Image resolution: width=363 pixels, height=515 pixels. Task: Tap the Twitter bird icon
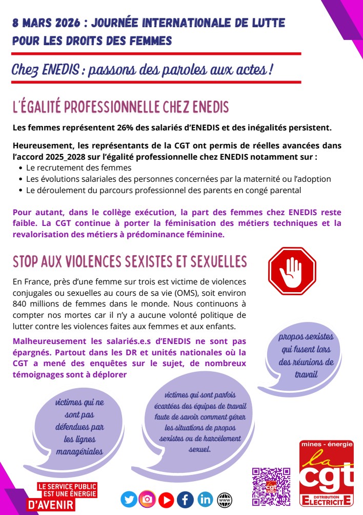(129, 499)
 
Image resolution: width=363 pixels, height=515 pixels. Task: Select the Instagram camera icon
(147, 499)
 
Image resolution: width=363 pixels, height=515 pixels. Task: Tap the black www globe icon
(224, 499)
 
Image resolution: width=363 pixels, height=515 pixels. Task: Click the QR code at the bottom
(271, 486)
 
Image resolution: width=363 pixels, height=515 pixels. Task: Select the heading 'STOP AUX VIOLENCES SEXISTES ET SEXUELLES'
(130, 262)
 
